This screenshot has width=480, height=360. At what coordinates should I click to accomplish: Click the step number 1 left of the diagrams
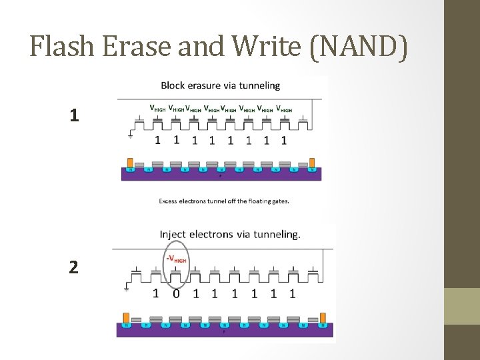coord(74,115)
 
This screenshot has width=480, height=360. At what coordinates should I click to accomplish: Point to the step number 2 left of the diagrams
coord(74,267)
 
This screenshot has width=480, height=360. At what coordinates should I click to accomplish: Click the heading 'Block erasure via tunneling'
coord(220,85)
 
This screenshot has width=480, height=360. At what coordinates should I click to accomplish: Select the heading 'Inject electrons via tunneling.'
coord(230,234)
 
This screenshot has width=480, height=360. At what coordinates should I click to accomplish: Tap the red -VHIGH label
coord(176,259)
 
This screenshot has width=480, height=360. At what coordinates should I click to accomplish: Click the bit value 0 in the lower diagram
coord(175,293)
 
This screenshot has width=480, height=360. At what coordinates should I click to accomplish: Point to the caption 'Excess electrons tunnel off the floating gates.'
coord(224,201)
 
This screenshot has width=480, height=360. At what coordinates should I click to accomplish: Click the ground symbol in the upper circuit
coord(130,137)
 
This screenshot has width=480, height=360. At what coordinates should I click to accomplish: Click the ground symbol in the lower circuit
coord(127,289)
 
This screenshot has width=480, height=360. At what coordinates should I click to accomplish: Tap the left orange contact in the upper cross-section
coord(130,163)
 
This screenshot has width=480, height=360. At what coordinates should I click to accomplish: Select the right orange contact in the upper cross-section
coord(312,163)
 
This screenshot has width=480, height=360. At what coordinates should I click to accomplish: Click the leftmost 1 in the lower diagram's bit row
coord(156,293)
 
